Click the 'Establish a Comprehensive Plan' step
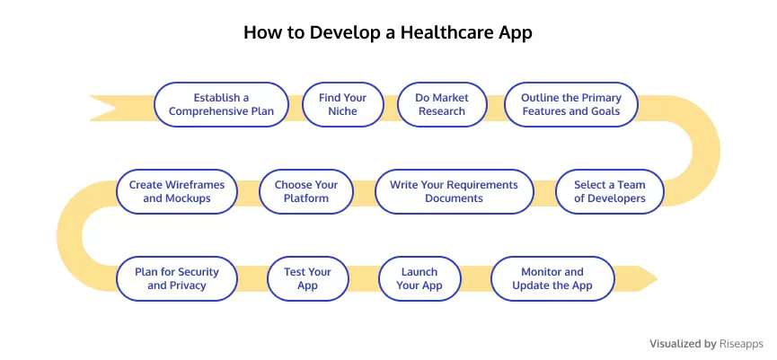(221, 104)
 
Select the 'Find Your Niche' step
(343, 104)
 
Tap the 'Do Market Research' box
(442, 104)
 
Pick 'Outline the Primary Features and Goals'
(571, 104)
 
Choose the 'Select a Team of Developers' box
(610, 191)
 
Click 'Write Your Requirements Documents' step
(454, 191)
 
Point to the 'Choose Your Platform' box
(306, 191)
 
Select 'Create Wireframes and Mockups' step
(177, 191)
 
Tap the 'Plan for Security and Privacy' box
(177, 279)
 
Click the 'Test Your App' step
(308, 279)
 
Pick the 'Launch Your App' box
(419, 279)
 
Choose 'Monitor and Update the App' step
(552, 279)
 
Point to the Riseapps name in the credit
(741, 344)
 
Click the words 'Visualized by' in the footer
(683, 344)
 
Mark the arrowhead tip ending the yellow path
(657, 279)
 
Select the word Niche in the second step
(343, 111)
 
